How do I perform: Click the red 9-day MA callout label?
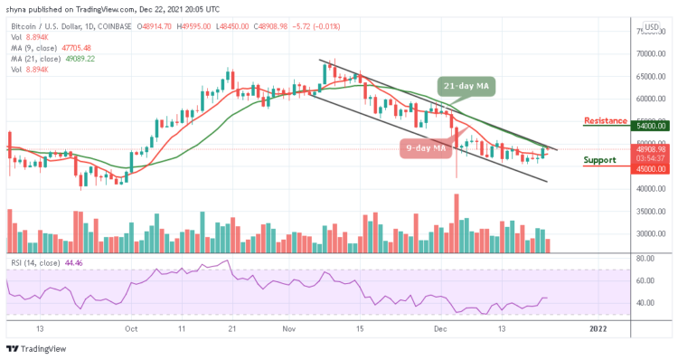(425, 147)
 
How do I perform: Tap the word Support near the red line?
(601, 160)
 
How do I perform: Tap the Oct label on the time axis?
(132, 330)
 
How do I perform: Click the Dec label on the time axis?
(441, 330)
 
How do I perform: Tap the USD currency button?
(651, 26)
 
